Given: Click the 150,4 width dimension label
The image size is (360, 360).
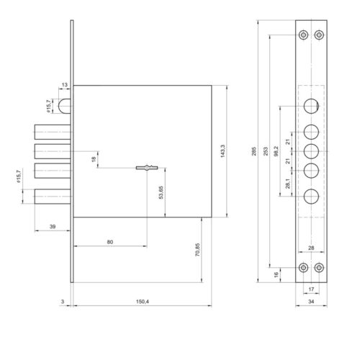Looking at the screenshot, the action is (x=143, y=302).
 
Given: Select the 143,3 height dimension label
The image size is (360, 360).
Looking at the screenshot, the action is (x=222, y=151).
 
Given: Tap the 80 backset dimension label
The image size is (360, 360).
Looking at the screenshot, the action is (x=110, y=242).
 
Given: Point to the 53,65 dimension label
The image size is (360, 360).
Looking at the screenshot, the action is (x=161, y=192).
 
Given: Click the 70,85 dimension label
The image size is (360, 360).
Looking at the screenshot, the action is (x=197, y=250).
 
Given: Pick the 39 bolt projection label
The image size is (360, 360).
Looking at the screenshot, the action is (x=53, y=226).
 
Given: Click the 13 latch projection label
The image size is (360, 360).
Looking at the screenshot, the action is (x=65, y=85).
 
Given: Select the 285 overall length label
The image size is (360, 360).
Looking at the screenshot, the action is (x=254, y=151).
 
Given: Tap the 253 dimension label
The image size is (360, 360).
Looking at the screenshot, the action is (x=266, y=151).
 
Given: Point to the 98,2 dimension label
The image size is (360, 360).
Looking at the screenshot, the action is (x=276, y=151).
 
